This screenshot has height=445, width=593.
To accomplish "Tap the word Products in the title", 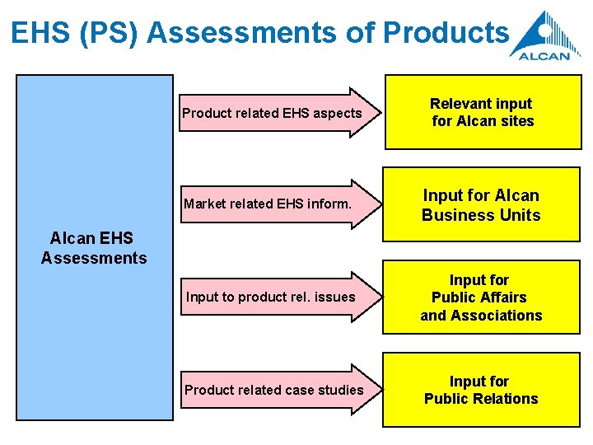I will point(446,32).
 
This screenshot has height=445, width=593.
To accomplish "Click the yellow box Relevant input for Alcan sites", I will point(482,112).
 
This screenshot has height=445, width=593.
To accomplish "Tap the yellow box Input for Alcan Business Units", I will point(482,205).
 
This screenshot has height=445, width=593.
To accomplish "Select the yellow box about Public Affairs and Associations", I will point(482,297).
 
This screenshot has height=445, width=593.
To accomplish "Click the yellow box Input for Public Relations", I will point(482,390).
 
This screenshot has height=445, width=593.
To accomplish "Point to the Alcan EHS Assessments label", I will point(94,248).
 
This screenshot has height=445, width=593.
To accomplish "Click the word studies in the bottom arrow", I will point(340,389).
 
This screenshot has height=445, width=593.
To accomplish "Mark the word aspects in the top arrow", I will point(338,113).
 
